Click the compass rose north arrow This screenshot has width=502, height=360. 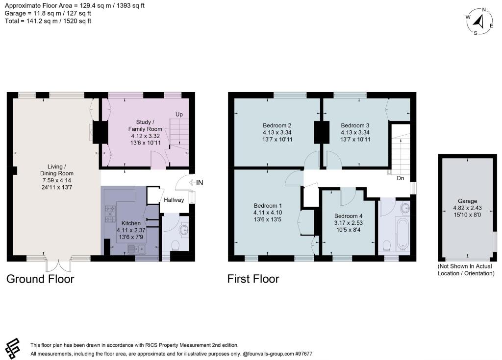(x=480, y=21)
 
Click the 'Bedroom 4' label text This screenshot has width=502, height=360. (x=349, y=216)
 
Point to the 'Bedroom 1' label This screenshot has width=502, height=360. (x=268, y=205)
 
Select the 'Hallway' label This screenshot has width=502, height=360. (x=174, y=200)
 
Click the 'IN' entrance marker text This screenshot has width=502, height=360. (x=200, y=183)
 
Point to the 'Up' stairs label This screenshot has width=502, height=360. (x=179, y=115)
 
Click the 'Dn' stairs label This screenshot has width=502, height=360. (x=400, y=178)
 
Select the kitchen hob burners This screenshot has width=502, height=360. (x=109, y=213)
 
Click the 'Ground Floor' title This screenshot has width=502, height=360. (x=40, y=279)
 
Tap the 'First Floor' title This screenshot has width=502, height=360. (x=253, y=279)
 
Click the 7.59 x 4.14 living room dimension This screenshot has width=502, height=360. (x=57, y=180)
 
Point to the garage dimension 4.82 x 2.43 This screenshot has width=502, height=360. (x=466, y=208)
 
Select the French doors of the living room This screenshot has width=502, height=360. (x=57, y=264)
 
